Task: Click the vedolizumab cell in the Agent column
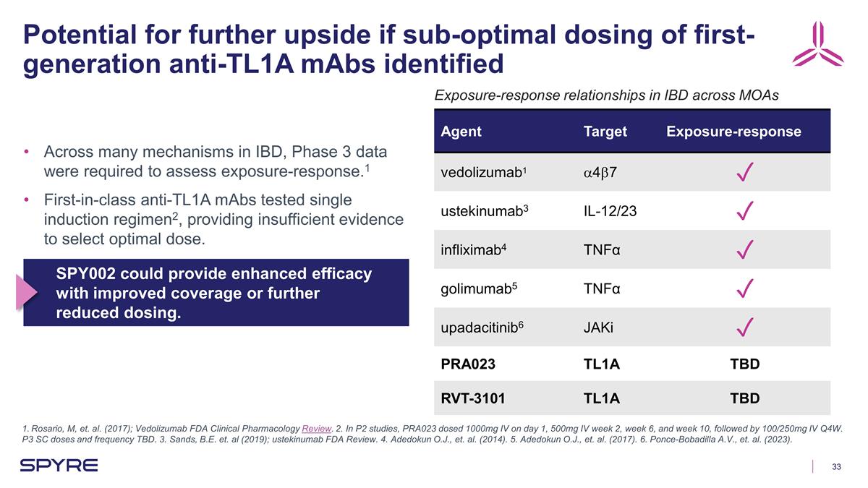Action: pyautogui.click(x=481, y=174)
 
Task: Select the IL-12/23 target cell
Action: pyautogui.click(x=610, y=211)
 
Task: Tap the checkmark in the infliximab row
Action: pyautogui.click(x=745, y=251)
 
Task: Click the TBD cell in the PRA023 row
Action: pyautogui.click(x=744, y=364)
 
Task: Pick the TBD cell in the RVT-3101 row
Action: pyautogui.click(x=744, y=398)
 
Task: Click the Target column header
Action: pyautogui.click(x=605, y=132)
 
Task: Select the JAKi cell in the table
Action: pyautogui.click(x=598, y=328)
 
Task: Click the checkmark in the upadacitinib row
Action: pyautogui.click(x=745, y=328)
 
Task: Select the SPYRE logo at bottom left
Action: pyautogui.click(x=59, y=465)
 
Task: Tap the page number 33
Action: pyautogui.click(x=836, y=466)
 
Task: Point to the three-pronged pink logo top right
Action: pyautogui.click(x=817, y=45)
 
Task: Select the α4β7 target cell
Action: pyautogui.click(x=600, y=174)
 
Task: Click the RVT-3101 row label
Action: pyautogui.click(x=473, y=398)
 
